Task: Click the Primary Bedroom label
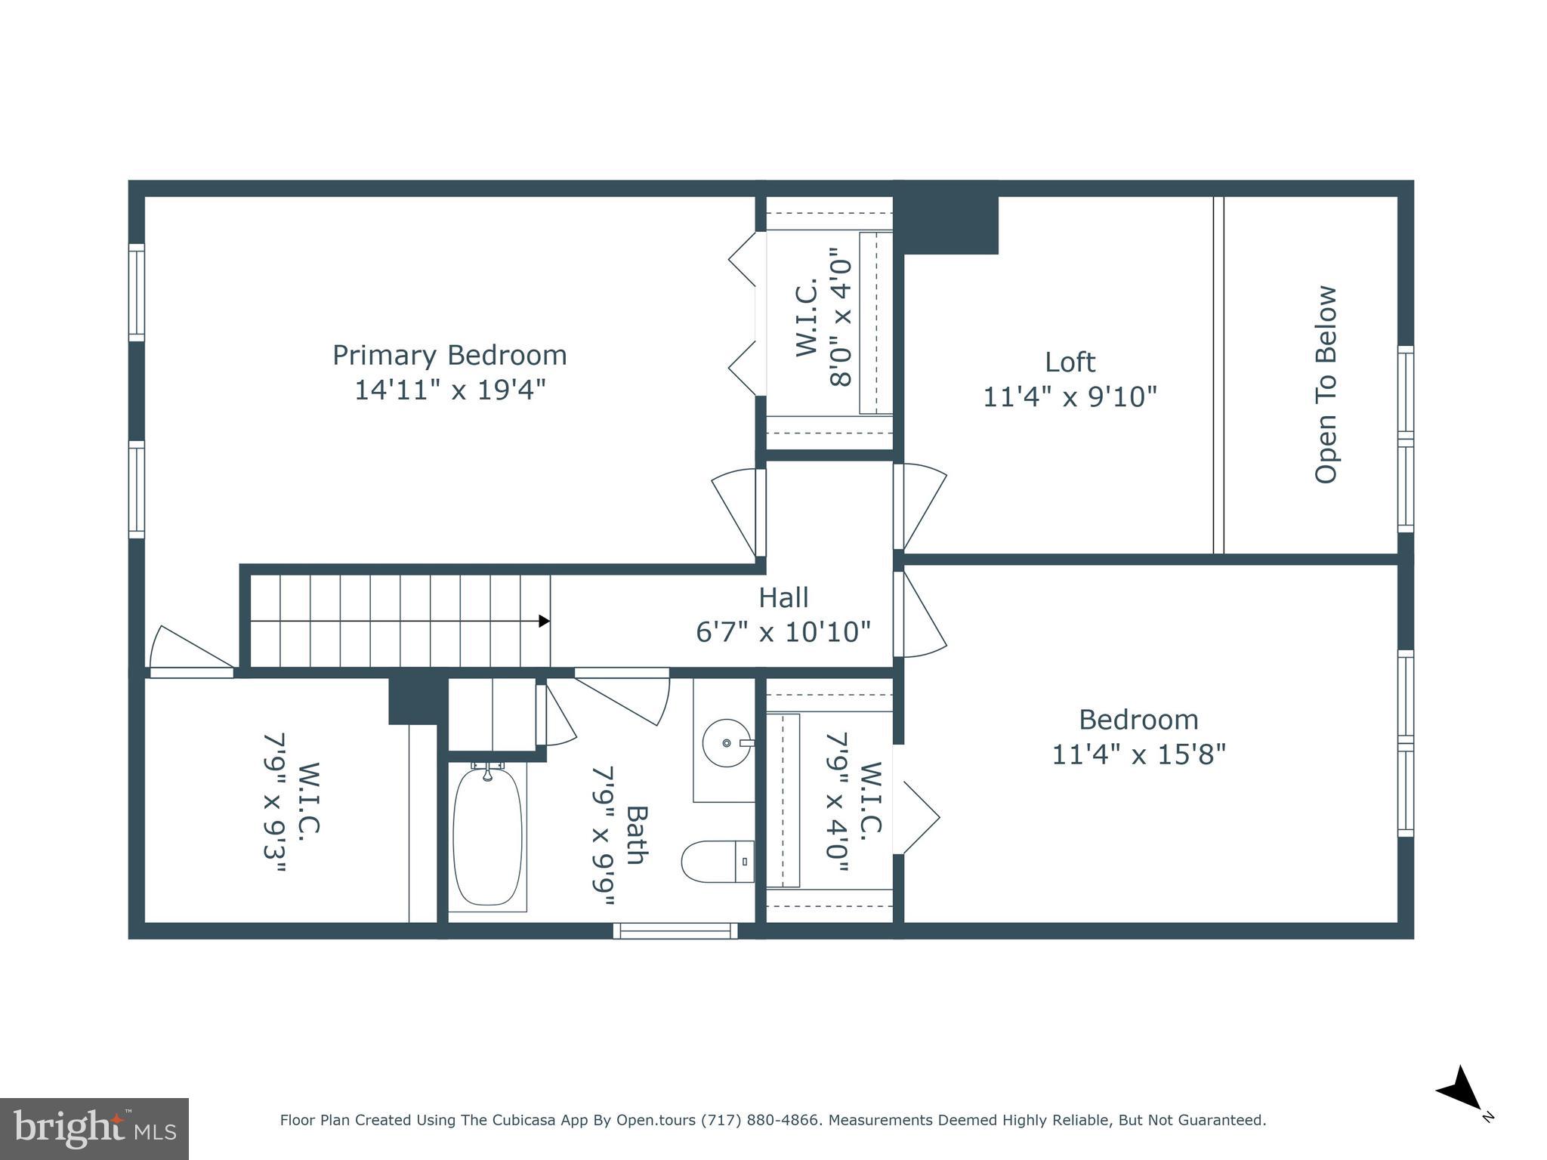coord(449,355)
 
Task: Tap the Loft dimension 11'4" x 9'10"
coord(1070,396)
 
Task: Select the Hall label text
coord(783,597)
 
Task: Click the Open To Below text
coord(1326,384)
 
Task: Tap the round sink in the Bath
coord(727,743)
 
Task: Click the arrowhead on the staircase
coord(544,621)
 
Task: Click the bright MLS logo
coord(94,1128)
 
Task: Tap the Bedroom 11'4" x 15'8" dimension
coord(1138,754)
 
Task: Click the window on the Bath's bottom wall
coord(675,931)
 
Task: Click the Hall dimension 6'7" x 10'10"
coord(783,632)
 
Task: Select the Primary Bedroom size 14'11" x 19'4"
coord(449,390)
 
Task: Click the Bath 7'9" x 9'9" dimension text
coord(604,835)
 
